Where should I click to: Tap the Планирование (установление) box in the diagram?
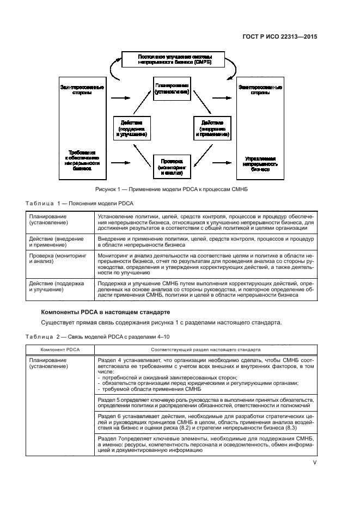pyautogui.click(x=172, y=89)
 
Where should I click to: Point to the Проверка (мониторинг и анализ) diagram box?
pyautogui.click(x=172, y=165)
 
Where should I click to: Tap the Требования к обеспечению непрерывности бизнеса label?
pyautogui.click(x=81, y=161)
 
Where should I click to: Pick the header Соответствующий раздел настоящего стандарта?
pyautogui.click(x=205, y=349)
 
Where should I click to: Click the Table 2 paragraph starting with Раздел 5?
pyautogui.click(x=205, y=402)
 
